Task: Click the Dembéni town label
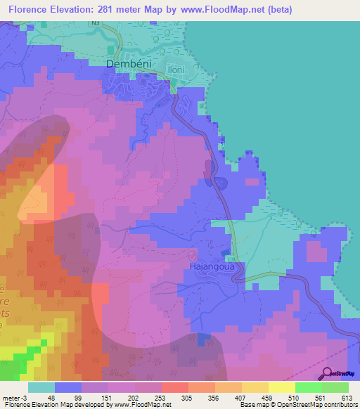[x=129, y=64]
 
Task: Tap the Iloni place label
[x=176, y=70]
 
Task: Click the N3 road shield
[x=94, y=23]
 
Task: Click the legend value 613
[x=347, y=397]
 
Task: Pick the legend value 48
[x=51, y=397]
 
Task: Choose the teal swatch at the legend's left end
[x=41, y=387]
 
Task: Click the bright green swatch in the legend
[x=308, y=387]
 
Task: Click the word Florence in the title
[x=31, y=10]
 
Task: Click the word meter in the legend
[x=12, y=397]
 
